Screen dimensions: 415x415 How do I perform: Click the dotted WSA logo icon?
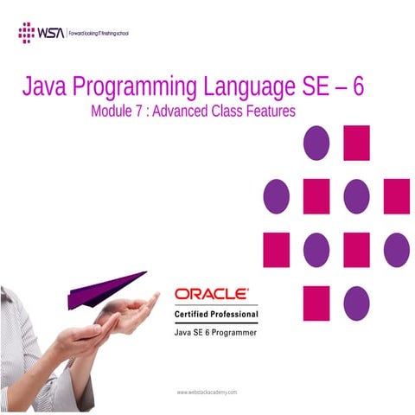26,33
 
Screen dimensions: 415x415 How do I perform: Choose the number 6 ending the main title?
358,87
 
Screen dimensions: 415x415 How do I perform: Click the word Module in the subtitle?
110,111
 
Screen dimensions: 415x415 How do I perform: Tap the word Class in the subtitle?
232,111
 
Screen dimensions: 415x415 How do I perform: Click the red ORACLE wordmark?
212,294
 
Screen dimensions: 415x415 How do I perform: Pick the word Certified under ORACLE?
193,312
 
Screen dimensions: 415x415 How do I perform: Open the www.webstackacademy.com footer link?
207,392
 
